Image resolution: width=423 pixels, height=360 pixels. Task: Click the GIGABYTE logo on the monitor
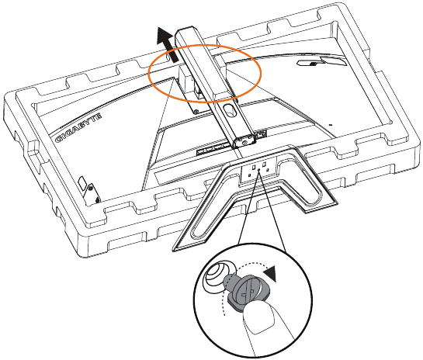tap(78, 128)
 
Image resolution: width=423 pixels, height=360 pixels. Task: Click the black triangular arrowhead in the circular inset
tap(271, 273)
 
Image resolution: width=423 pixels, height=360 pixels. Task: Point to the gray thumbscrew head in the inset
tap(250, 291)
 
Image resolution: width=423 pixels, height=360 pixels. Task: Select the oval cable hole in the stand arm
tap(229, 110)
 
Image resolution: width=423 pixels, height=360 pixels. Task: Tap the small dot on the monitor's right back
tap(331, 125)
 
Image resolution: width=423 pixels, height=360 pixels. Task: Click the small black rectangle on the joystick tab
tap(312, 64)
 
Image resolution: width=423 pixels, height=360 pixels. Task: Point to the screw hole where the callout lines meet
tap(259, 170)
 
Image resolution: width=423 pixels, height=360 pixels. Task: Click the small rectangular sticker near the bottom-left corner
tap(82, 183)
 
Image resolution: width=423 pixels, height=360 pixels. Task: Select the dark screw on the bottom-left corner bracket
tap(97, 200)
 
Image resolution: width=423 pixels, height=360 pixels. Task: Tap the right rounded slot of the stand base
tap(301, 184)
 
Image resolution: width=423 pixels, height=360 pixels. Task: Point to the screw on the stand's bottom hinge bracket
tap(244, 141)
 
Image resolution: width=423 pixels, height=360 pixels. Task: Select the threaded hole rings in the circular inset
tap(218, 275)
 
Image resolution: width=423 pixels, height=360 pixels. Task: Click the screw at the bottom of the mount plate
tap(196, 111)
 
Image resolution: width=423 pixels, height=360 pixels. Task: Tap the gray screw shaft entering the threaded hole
tap(229, 282)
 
